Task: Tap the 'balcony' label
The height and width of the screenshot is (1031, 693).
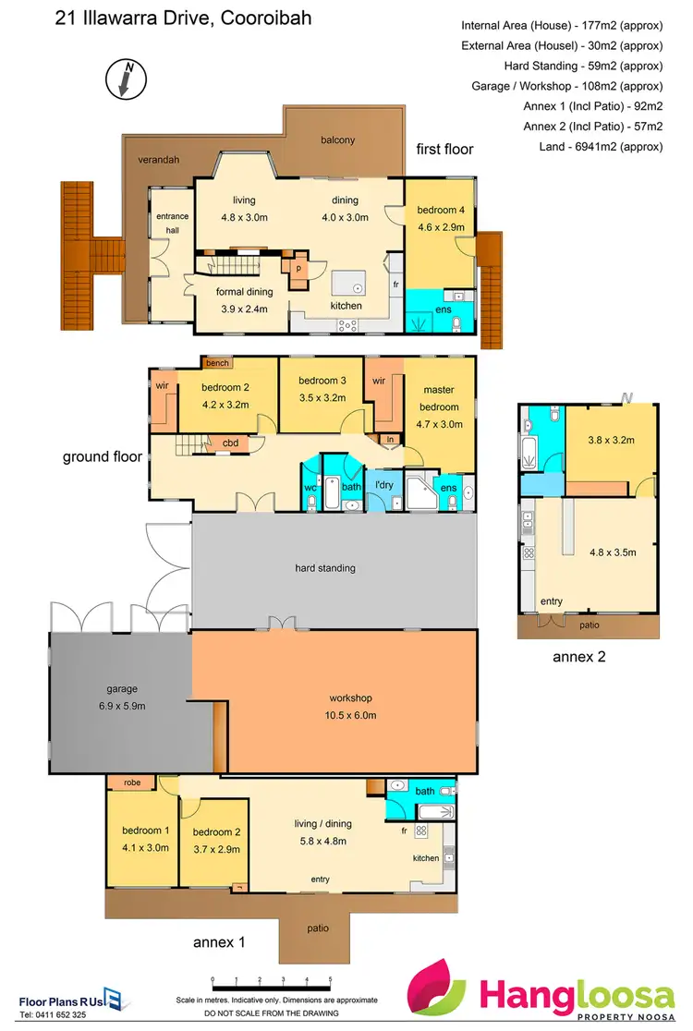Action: click(x=337, y=140)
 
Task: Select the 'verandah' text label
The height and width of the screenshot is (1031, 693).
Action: click(x=158, y=160)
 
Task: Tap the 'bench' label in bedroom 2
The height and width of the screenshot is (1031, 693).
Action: click(x=217, y=363)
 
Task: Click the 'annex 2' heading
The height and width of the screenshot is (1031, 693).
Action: click(x=578, y=658)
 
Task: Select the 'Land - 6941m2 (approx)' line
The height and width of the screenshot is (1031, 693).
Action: click(x=600, y=147)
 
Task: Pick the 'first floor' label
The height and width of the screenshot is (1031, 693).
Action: click(x=444, y=149)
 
